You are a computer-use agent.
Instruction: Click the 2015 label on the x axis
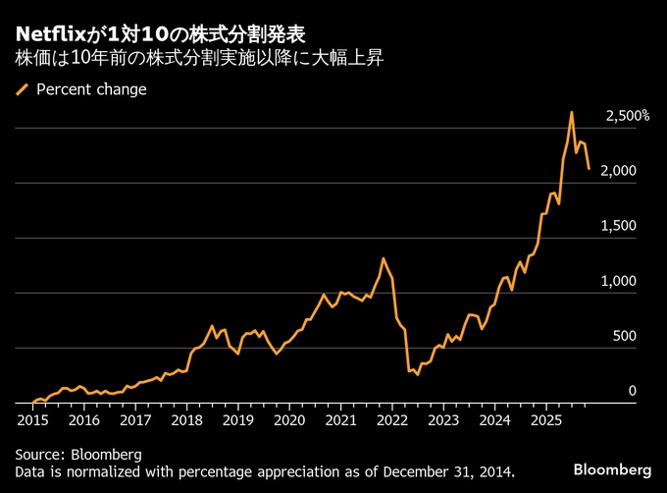point(31,419)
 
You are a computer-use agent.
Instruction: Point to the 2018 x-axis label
point(186,419)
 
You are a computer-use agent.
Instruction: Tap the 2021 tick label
point(340,419)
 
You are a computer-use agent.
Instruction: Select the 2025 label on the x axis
point(545,419)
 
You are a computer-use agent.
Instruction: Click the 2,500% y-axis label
point(628,116)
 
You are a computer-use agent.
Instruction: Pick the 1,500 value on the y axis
point(622,226)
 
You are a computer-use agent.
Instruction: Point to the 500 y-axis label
point(625,336)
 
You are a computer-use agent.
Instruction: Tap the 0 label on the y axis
point(633,391)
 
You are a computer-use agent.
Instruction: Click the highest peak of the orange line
point(572,112)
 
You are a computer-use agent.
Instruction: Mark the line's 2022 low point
point(417,374)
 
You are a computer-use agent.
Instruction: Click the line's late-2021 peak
point(384,258)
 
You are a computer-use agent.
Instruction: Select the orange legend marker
point(23,89)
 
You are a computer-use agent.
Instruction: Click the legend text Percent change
point(91,89)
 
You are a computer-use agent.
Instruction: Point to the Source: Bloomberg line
point(78,454)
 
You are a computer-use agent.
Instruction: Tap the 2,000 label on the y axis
point(622,171)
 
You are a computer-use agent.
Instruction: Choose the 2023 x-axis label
point(443,419)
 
